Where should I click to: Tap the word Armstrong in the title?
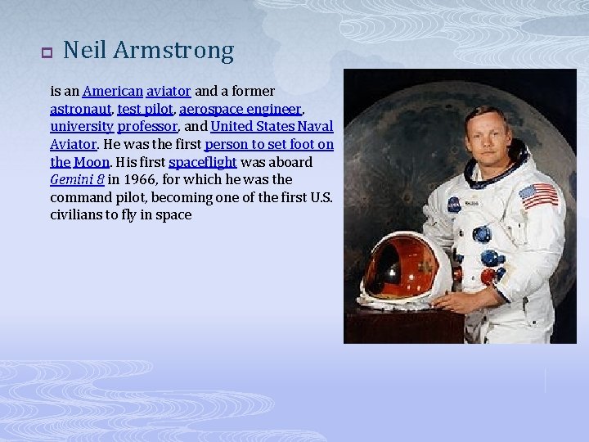point(173,52)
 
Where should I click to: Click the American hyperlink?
point(113,91)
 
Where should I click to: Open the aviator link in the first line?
point(169,91)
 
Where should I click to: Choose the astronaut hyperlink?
point(80,109)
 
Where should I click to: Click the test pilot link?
point(145,109)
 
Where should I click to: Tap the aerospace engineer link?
point(241,109)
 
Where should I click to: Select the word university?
point(82,127)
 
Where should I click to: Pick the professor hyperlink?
point(147,127)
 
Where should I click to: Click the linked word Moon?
point(92,162)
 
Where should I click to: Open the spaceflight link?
point(202,162)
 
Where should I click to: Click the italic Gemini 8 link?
point(76,179)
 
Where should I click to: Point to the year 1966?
point(124,179)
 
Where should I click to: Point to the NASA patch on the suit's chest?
point(454,205)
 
